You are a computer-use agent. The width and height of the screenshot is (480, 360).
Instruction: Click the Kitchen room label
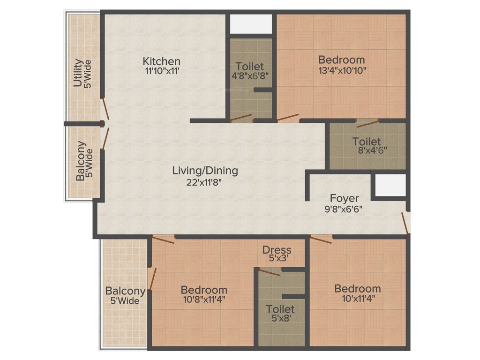click(x=161, y=61)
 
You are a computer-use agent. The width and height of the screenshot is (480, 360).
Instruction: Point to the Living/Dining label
click(x=205, y=171)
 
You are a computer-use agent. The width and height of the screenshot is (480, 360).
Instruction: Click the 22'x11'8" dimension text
click(x=205, y=182)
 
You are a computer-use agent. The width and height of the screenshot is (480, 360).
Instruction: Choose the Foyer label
click(x=344, y=198)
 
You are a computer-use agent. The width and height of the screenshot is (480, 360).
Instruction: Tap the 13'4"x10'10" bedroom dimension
click(x=341, y=70)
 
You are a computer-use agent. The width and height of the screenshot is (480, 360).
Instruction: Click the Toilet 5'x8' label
click(x=280, y=314)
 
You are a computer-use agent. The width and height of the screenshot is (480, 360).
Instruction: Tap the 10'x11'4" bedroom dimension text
click(x=357, y=298)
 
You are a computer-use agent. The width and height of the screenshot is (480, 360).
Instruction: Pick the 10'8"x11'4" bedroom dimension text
click(x=204, y=300)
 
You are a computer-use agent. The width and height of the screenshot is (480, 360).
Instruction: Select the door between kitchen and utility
click(x=106, y=110)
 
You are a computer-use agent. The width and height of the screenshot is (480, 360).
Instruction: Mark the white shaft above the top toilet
click(x=250, y=24)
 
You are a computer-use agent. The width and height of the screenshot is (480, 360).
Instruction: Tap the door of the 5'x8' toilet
click(x=270, y=272)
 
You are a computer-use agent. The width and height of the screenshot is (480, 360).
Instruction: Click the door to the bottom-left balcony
click(x=151, y=278)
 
